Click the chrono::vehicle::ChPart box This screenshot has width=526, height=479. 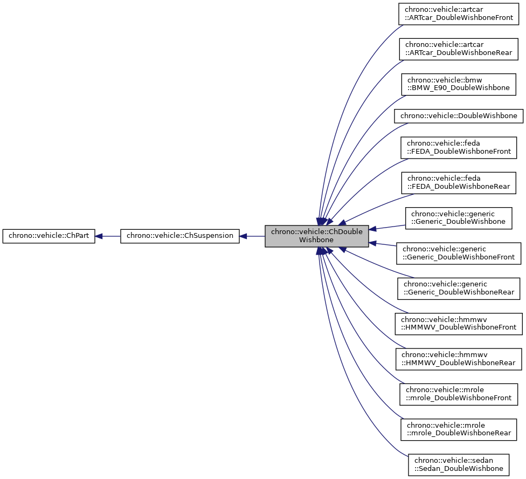point(49,236)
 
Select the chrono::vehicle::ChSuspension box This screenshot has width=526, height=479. point(179,236)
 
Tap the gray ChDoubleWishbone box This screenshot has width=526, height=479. point(316,236)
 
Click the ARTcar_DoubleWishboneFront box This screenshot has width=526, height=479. point(459,14)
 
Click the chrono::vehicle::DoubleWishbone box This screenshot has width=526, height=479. point(459,116)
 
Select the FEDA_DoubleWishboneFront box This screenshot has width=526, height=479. point(459,147)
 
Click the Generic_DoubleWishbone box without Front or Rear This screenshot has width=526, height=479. point(458,217)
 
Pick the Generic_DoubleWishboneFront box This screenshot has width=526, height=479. point(459,253)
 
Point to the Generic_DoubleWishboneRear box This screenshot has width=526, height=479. point(459,288)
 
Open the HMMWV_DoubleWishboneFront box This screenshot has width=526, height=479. point(459,323)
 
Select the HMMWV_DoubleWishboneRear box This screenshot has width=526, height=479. point(459,358)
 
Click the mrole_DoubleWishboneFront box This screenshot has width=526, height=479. point(459,394)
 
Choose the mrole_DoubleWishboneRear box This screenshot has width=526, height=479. point(459,429)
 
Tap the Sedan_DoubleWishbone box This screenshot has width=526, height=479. point(458,464)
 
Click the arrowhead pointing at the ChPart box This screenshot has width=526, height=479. point(100,236)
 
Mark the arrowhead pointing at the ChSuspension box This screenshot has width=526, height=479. point(243,236)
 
